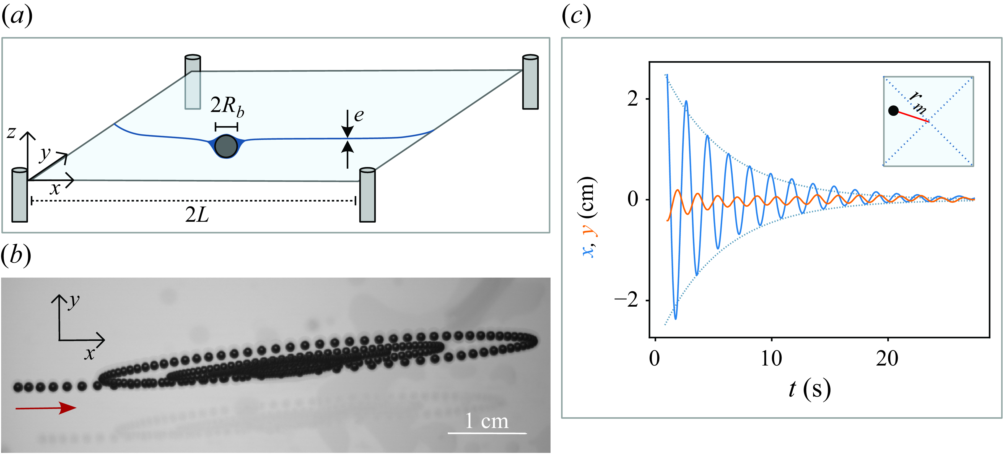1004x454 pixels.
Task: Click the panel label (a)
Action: point(17,16)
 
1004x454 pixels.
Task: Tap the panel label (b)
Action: point(16,256)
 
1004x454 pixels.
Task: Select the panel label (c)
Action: point(576,16)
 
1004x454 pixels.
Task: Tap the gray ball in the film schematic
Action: point(226,146)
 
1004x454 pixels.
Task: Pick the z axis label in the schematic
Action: point(11,132)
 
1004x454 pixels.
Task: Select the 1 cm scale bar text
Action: point(487,421)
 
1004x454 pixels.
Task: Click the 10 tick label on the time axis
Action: point(771,359)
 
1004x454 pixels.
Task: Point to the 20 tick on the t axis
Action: point(888,359)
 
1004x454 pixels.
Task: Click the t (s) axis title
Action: point(810,389)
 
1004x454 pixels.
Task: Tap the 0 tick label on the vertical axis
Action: point(633,199)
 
